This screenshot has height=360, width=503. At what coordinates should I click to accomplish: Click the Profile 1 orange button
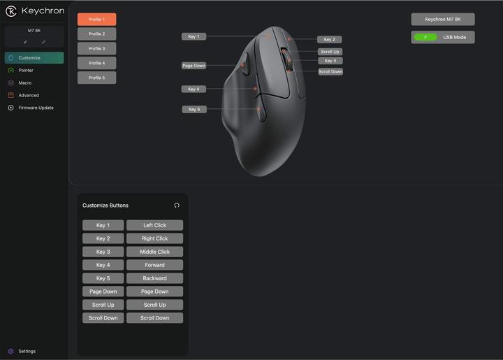(x=96, y=20)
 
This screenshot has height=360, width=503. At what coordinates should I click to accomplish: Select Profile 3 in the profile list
(x=96, y=48)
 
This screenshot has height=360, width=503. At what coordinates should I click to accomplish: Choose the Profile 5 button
(x=96, y=78)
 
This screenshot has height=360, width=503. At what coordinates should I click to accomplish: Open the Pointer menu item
(x=26, y=71)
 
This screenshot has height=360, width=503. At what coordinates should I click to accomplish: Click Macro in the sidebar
(x=24, y=82)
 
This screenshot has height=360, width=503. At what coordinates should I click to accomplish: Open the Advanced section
(x=29, y=95)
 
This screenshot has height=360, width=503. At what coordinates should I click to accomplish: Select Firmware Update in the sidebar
(x=36, y=108)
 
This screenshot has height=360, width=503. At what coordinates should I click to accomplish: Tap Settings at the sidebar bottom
(x=27, y=352)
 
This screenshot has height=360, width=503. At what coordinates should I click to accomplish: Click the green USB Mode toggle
(x=425, y=37)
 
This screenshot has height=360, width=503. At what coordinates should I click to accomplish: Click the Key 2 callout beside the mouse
(x=329, y=39)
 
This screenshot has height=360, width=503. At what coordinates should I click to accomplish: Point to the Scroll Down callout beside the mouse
(x=330, y=71)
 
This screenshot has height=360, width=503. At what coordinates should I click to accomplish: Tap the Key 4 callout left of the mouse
(x=194, y=89)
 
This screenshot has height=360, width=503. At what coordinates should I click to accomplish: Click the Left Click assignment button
(x=154, y=225)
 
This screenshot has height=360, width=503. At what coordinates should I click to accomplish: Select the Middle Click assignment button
(x=154, y=252)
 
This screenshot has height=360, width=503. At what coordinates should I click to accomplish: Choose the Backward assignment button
(x=154, y=278)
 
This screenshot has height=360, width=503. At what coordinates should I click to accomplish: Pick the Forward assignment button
(x=154, y=265)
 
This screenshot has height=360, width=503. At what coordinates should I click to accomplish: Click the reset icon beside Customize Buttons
(x=177, y=206)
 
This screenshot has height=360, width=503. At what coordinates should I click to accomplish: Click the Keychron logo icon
(x=11, y=11)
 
